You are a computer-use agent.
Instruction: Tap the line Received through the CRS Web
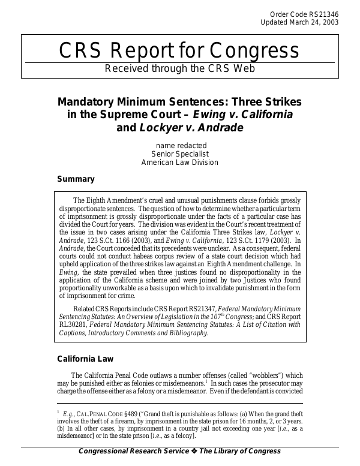pos(180,68)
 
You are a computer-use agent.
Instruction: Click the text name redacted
pos(180,145)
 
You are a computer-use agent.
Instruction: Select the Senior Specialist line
pos(180,154)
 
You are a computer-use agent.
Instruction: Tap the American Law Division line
pos(180,162)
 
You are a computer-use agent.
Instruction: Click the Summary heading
pos(76,179)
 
